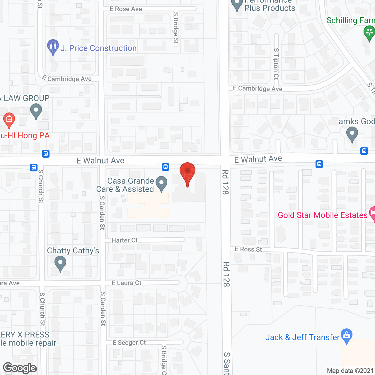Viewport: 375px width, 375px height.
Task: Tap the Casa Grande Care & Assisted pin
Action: (x=161, y=184)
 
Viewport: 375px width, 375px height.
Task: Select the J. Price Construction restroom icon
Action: (x=53, y=47)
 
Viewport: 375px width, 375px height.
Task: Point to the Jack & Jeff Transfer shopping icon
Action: (x=347, y=336)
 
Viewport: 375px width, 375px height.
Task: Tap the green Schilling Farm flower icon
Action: (x=369, y=33)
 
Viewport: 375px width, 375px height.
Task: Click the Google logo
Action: (x=20, y=368)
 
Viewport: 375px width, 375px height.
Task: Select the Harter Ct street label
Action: (x=125, y=240)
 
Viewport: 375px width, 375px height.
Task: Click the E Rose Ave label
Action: (x=126, y=9)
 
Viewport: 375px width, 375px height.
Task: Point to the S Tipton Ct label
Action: (x=276, y=64)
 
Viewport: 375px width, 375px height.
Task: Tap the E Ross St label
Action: (x=248, y=249)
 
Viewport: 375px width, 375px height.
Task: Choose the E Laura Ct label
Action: (x=127, y=283)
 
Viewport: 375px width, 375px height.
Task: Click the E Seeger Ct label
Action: (x=129, y=342)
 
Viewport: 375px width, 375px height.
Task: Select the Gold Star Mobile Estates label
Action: (x=322, y=215)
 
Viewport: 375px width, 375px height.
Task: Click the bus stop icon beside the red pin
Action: (x=166, y=167)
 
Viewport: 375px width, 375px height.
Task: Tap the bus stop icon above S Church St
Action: (x=34, y=167)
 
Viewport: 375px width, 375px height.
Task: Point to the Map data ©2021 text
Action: (x=350, y=371)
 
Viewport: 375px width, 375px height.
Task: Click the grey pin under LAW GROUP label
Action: (x=36, y=111)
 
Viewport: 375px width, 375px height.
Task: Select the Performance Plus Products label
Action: (x=270, y=5)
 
